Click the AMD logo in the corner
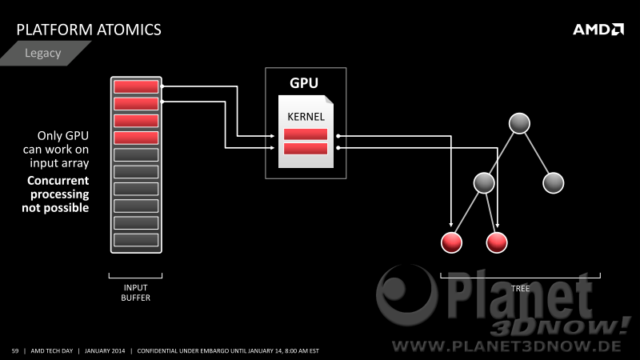point(598,30)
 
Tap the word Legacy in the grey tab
point(43,53)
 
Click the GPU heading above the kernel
point(304,83)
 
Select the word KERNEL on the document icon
point(306,117)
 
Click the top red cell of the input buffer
point(136,86)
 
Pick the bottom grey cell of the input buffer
point(136,240)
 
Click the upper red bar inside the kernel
point(306,134)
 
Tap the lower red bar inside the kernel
point(306,149)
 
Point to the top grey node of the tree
point(519,123)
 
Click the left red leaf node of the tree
point(451,242)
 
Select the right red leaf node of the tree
point(497,242)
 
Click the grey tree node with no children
point(553,183)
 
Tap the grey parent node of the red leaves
point(484,183)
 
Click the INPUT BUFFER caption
point(135,293)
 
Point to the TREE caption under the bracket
point(521,289)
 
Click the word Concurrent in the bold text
point(58,181)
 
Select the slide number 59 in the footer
point(15,350)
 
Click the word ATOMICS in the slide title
point(130,30)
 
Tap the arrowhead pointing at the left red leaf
point(451,224)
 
